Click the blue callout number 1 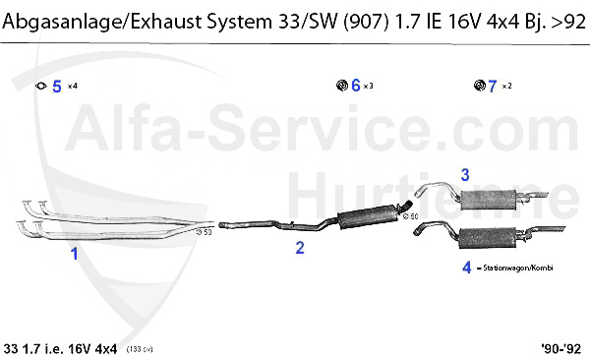pos(73,253)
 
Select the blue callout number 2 pos(301,248)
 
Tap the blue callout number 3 pos(465,174)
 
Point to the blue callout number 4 pos(466,266)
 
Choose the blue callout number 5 pos(57,87)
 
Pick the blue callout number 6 pos(355,86)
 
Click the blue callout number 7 pos(493,86)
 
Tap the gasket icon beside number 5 pos(40,87)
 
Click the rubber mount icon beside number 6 pos(340,86)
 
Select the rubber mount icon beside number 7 pos(478,86)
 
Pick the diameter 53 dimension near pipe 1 pos(205,232)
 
